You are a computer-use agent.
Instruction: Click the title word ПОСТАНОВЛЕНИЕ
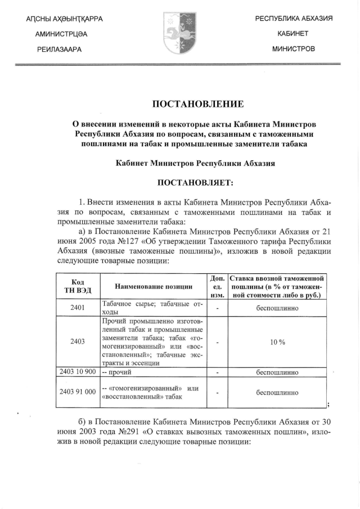199,103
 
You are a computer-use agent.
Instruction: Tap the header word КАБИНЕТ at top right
294,34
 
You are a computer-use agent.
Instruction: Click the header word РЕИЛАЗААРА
58,49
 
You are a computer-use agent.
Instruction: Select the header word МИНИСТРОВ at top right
294,49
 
